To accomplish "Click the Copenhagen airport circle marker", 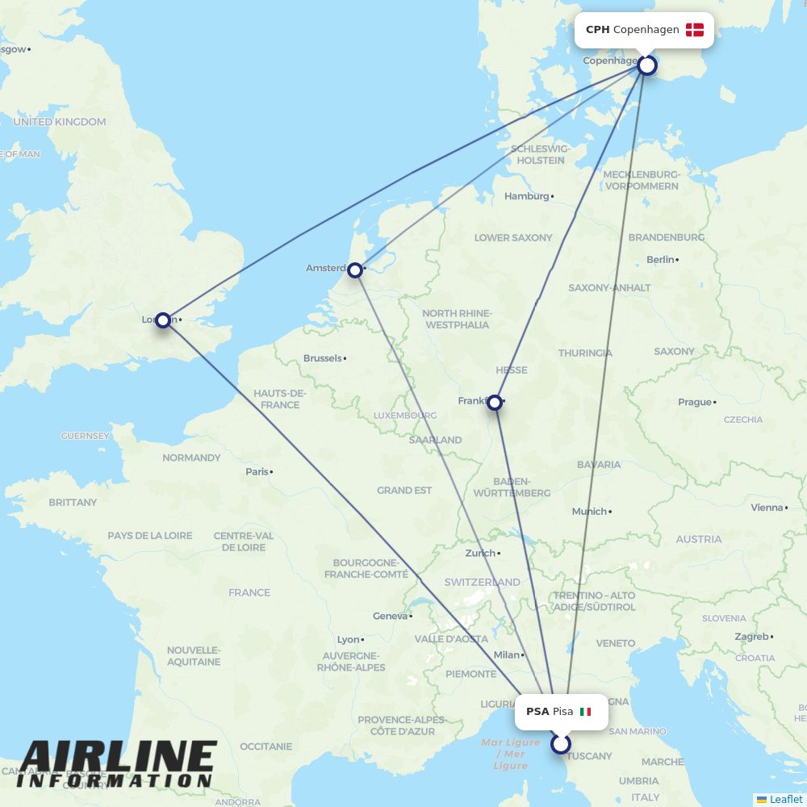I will click(647, 65).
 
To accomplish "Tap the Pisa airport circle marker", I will click(561, 744).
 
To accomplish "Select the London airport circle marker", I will click(163, 320).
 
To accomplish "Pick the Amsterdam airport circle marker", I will click(355, 270).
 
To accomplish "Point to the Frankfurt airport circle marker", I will click(495, 402).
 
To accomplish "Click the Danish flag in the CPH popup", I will click(695, 30).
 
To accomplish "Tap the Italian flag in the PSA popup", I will click(586, 712).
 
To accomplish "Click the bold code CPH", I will click(597, 30).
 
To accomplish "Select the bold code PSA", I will click(537, 712).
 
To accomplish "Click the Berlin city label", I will click(660, 260).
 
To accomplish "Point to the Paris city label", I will click(257, 471).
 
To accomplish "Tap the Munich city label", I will click(588, 512).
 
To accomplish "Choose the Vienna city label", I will click(767, 508).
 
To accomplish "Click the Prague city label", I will click(695, 402).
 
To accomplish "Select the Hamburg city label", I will click(526, 196).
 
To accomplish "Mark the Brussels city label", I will click(322, 358).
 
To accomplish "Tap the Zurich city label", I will click(480, 554).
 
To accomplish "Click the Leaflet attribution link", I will click(785, 799).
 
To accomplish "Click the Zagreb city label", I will click(751, 637).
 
